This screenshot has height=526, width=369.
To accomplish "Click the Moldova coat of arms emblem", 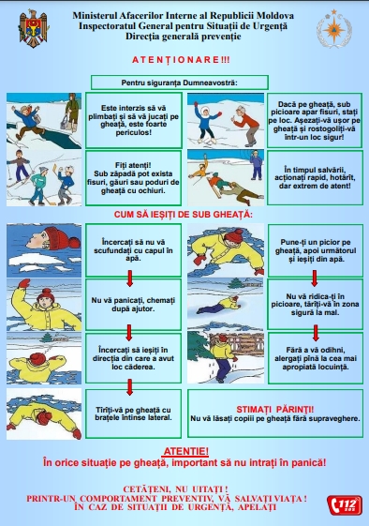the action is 33,28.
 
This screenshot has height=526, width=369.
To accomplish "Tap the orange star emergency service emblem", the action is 333,29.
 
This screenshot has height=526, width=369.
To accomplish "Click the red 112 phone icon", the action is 345,504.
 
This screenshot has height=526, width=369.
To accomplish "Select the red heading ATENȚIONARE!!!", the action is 181,60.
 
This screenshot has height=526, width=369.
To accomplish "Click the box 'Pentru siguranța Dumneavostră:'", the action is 179,83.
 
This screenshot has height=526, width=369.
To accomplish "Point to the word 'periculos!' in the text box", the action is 133,132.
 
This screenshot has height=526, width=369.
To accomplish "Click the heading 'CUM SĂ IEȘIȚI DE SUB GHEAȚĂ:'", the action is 184,215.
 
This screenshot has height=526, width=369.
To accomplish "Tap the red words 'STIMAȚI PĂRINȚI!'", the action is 275,410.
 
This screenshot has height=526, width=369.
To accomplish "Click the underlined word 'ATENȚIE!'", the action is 185,451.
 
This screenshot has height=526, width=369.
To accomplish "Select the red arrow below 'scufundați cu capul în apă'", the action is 129,278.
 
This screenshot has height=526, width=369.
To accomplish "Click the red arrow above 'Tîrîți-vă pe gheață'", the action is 129,387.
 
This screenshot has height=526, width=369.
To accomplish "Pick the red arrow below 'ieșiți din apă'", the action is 314,278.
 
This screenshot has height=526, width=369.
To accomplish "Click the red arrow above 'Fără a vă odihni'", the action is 315,333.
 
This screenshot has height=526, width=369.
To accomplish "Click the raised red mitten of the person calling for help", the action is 23,283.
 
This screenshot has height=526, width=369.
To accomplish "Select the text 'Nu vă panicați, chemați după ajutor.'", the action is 133,305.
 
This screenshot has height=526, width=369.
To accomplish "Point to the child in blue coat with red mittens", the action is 206,123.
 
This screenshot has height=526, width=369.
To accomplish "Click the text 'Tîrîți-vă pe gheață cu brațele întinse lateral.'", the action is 133,413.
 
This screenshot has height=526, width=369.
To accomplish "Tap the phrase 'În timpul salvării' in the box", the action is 315,170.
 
